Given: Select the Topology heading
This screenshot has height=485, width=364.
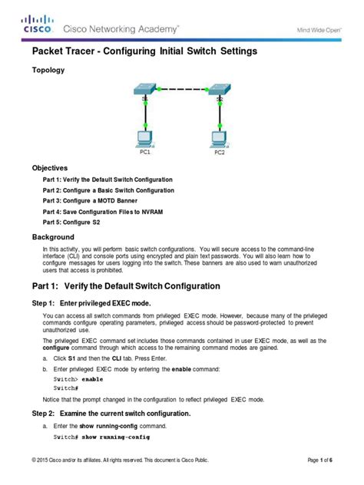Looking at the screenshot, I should point(48,70).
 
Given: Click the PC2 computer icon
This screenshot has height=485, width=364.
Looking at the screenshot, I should point(220,138).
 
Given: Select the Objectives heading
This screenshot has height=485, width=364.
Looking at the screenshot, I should point(50,167).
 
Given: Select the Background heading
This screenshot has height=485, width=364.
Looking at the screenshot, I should point(53,237).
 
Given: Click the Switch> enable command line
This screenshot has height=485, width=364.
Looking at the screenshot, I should point(78,379).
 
